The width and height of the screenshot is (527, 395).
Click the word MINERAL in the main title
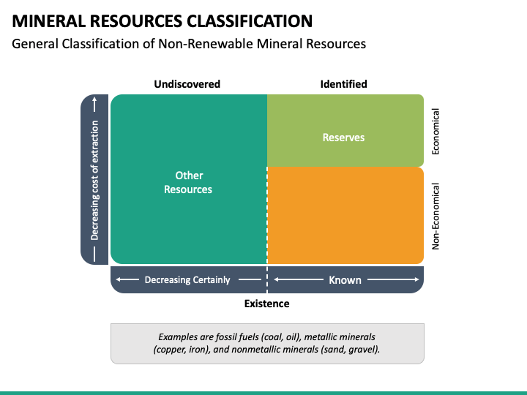click(x=48, y=21)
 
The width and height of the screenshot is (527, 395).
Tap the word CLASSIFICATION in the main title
click(x=250, y=21)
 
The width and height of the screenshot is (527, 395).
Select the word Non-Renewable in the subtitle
click(x=206, y=44)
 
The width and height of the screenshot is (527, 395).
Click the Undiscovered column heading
click(x=187, y=84)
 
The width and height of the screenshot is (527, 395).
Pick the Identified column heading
click(x=343, y=84)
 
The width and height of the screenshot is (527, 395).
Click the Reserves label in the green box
click(x=343, y=138)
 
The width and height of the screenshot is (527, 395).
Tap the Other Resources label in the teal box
click(x=188, y=182)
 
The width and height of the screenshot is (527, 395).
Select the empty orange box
click(x=345, y=215)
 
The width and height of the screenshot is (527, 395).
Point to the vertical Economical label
click(x=436, y=132)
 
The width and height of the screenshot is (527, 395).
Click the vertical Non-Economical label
click(x=436, y=217)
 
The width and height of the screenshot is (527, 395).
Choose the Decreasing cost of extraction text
click(x=94, y=181)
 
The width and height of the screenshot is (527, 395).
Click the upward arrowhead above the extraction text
click(x=94, y=99)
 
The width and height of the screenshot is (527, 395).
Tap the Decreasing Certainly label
click(x=187, y=279)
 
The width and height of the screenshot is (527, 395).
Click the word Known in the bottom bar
click(x=345, y=279)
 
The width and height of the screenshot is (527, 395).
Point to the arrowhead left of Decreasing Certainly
click(x=119, y=279)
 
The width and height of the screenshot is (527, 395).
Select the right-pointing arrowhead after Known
click(x=416, y=279)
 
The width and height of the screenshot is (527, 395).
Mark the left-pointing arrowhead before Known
click(x=277, y=279)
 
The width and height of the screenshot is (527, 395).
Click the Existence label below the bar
click(x=267, y=304)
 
